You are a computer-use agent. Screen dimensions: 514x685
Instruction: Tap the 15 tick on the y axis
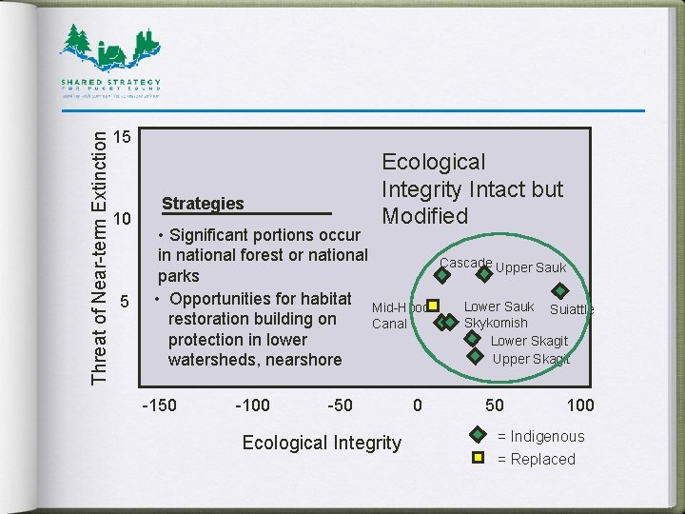point(121,137)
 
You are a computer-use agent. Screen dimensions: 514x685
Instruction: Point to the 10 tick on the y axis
point(121,220)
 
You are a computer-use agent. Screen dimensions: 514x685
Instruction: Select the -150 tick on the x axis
point(159,405)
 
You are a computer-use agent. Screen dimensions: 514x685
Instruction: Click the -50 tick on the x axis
point(340,405)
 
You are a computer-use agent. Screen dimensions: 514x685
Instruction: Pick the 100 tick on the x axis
point(580,405)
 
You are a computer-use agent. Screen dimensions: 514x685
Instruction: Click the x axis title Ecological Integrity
point(322,442)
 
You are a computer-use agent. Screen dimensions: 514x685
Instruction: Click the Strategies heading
point(203,204)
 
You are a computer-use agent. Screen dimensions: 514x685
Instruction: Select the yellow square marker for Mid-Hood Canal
point(432,306)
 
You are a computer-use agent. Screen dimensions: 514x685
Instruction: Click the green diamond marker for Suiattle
point(561,291)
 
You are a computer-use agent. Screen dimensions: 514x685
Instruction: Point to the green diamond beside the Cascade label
point(442,276)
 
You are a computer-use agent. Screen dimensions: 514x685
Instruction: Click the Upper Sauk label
point(531,268)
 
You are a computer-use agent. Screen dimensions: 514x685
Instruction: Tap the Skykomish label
point(496,324)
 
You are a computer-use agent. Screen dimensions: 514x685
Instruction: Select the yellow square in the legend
point(480,459)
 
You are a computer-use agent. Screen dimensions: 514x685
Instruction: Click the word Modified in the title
point(425,216)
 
